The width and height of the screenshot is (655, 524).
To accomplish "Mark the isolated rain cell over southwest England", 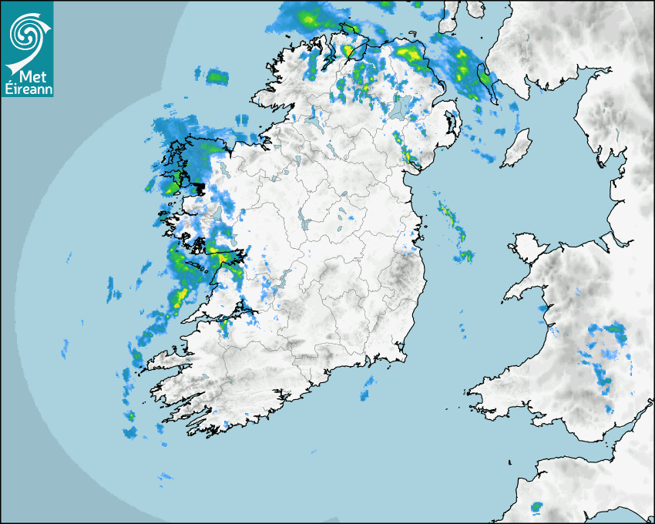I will pos(536,507).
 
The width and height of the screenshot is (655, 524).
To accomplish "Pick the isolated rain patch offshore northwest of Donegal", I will pos(217,76).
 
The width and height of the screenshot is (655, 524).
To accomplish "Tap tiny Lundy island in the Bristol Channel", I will pos(509,462).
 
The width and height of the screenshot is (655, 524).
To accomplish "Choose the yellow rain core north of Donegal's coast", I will pos(308,17).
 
